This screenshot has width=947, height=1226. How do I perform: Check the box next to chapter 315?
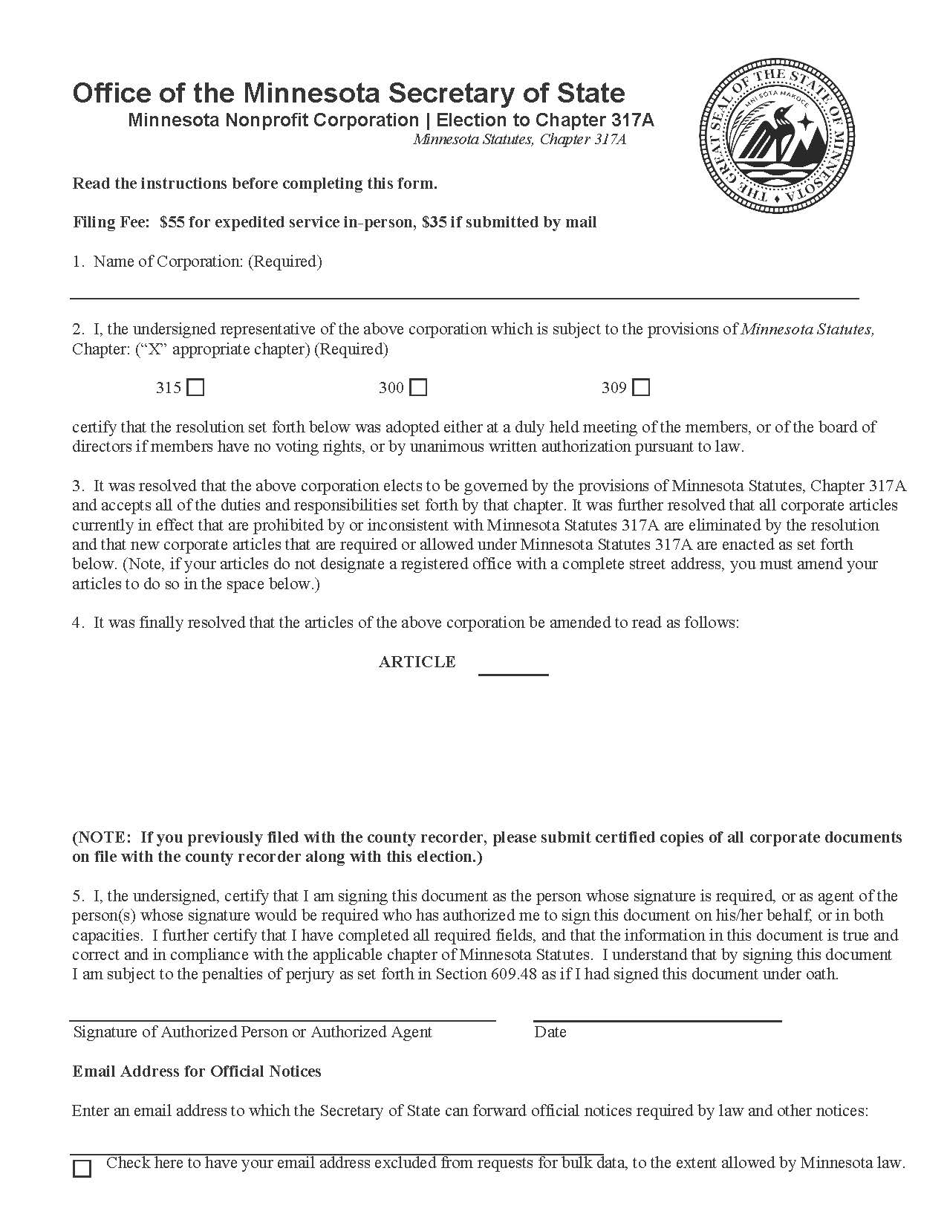(x=196, y=388)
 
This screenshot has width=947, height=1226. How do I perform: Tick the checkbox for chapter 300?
(x=419, y=388)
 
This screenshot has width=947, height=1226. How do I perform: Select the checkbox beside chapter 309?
(x=642, y=388)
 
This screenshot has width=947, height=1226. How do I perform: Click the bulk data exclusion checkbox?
(x=82, y=1168)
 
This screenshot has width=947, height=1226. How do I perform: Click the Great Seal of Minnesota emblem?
(x=777, y=140)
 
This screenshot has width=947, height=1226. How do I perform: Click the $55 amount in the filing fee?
(x=172, y=222)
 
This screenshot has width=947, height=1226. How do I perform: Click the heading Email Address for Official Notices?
(x=197, y=1071)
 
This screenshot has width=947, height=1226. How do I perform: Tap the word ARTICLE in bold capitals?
(x=417, y=662)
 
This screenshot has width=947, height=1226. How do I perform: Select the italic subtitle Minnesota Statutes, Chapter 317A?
(x=520, y=139)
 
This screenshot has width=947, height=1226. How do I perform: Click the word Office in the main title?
(x=107, y=93)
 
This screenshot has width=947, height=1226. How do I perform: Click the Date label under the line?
(x=550, y=1032)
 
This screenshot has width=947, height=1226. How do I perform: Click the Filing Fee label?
(x=111, y=222)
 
